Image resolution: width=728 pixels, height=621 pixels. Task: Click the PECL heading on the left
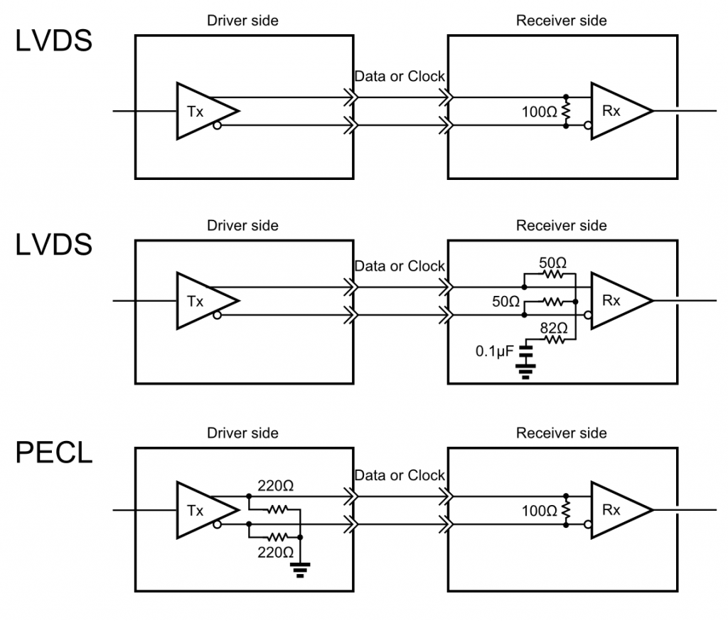[x=54, y=452]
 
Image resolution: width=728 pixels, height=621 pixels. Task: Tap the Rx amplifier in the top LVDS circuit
[x=616, y=111]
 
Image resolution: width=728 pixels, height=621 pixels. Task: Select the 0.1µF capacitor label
[x=493, y=351]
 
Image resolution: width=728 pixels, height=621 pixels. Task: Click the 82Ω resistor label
[x=553, y=328]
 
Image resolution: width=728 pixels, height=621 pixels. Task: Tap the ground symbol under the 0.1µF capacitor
[x=525, y=371]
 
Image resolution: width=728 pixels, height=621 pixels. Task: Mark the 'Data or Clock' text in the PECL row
[x=400, y=475]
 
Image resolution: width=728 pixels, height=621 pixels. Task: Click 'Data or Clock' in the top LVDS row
[x=400, y=76]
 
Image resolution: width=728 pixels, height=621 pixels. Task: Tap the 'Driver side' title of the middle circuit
[x=242, y=225]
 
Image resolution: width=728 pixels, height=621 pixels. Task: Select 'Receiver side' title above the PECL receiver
[x=561, y=433]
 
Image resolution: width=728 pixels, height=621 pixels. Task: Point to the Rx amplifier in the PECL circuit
[x=616, y=510]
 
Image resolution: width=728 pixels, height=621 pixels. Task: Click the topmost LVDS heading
[x=54, y=41]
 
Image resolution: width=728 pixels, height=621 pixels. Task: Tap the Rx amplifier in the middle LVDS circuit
[x=616, y=301]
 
